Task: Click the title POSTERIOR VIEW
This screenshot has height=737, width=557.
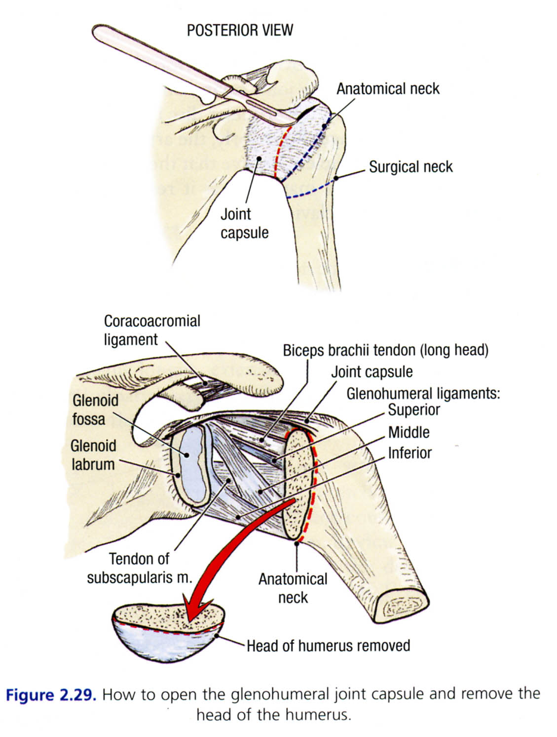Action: click(240, 31)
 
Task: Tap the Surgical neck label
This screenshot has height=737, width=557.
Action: click(410, 167)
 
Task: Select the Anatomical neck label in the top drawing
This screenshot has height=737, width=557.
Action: click(388, 89)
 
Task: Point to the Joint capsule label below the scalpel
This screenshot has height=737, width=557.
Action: click(244, 223)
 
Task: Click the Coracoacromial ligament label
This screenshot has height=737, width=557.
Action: click(151, 330)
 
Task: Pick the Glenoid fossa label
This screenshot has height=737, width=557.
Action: click(95, 409)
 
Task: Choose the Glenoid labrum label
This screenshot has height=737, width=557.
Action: click(93, 455)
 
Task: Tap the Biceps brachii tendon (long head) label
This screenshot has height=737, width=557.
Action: click(385, 350)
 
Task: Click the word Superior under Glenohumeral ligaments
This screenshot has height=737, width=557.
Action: click(413, 410)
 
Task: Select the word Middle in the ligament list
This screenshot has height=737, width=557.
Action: click(408, 432)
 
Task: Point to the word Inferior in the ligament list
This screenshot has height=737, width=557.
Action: click(409, 453)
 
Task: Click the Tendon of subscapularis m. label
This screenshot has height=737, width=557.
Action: click(139, 568)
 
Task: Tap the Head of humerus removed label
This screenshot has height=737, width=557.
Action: click(328, 646)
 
